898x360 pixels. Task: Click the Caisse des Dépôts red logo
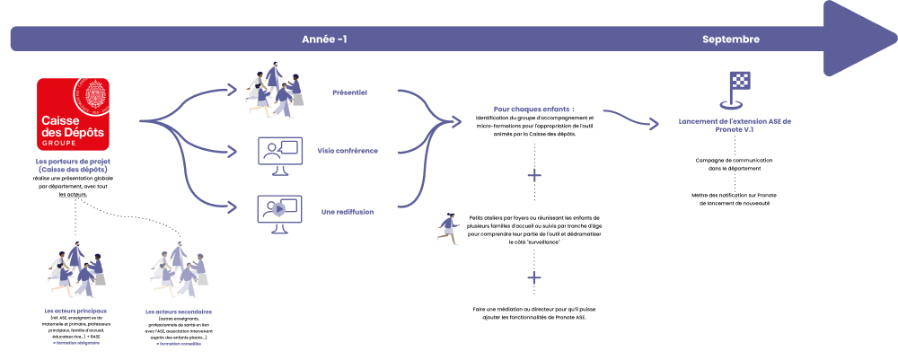73,114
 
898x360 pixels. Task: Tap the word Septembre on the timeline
731,40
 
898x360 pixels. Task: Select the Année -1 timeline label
324,40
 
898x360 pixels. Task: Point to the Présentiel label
349,92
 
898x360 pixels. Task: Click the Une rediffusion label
347,212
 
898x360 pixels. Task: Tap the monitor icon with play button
279,212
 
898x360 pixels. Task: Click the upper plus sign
534,175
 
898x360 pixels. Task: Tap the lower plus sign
534,277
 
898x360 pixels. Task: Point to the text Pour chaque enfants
533,110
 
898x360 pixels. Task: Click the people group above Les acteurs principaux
76,270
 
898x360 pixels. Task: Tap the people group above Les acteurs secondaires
179,270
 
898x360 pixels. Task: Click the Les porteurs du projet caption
73,165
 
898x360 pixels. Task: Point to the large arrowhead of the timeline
858,38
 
